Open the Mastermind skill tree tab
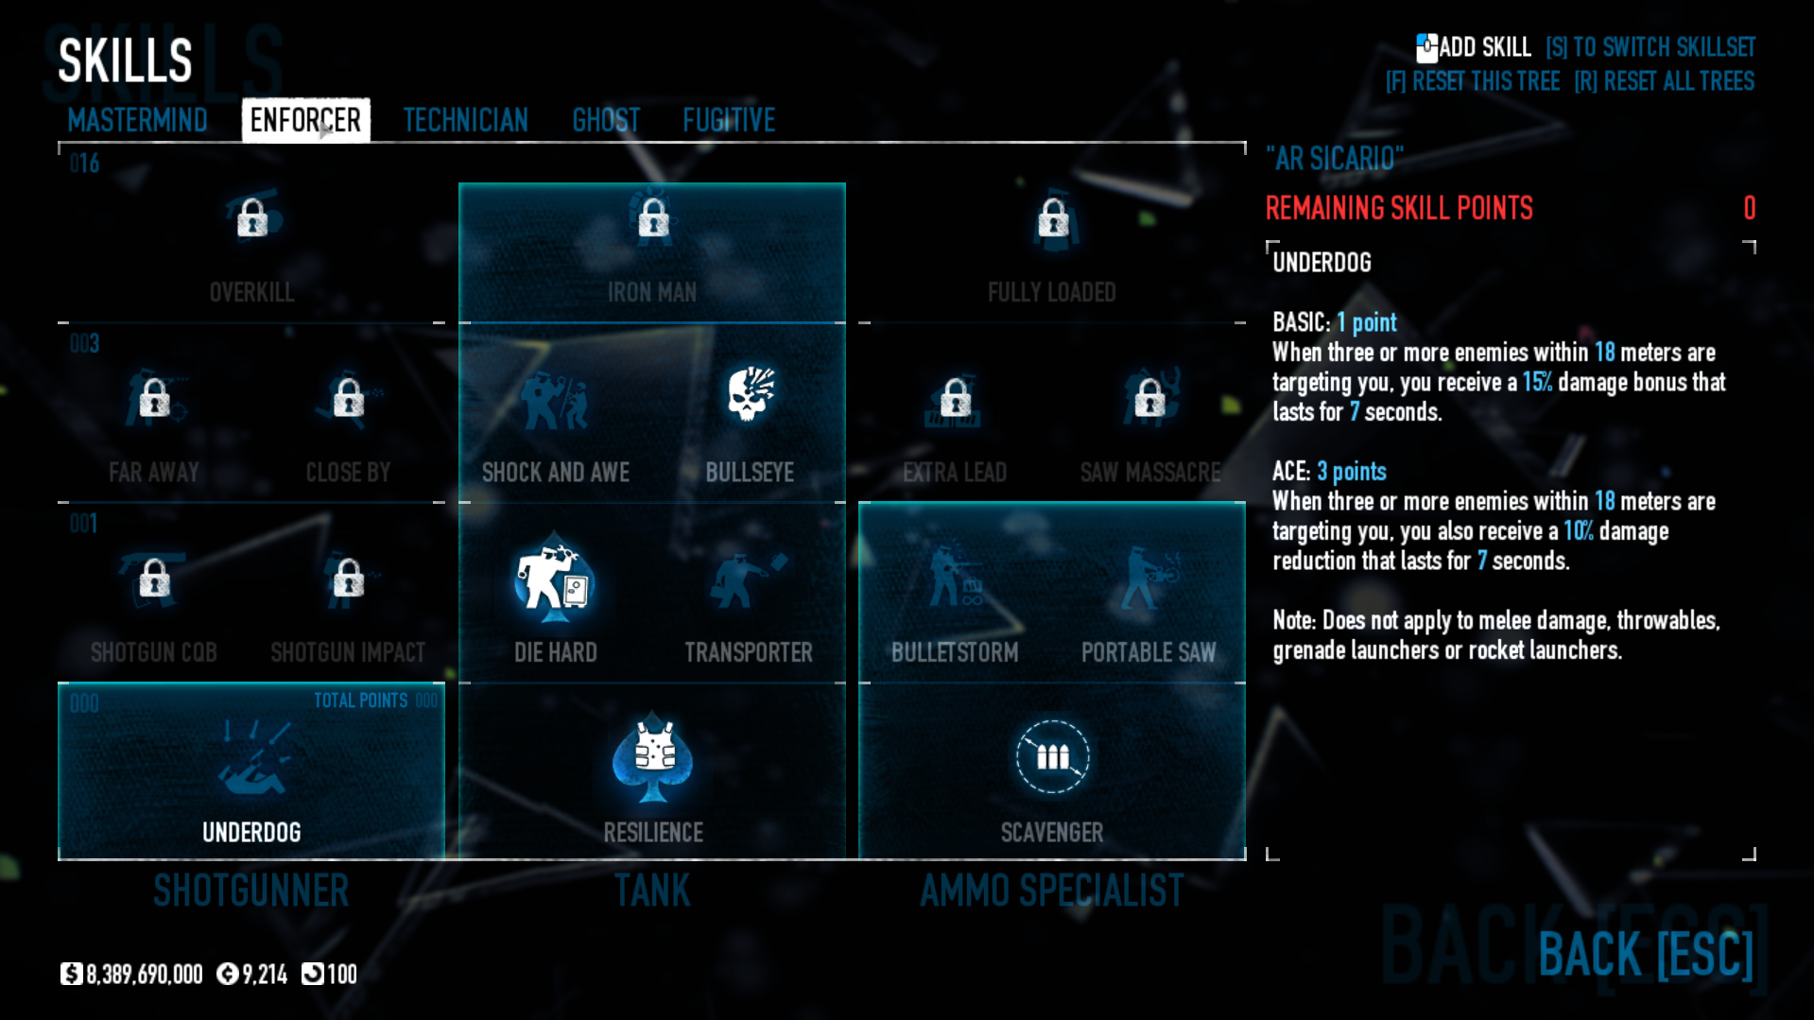[x=137, y=120]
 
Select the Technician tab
[x=465, y=120]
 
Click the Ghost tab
[x=606, y=120]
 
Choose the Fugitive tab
[x=729, y=120]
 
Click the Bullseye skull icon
[x=751, y=394]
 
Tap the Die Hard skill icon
[x=554, y=579]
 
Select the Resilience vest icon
[x=652, y=757]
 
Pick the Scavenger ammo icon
[x=1052, y=756]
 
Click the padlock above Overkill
[x=251, y=218]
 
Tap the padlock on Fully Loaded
[x=1052, y=218]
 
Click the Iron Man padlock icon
[x=652, y=218]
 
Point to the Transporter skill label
[x=749, y=652]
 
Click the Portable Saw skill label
[x=1148, y=652]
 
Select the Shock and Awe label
[x=556, y=473]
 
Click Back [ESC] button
[x=1645, y=954]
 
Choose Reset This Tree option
[x=1472, y=81]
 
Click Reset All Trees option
[x=1664, y=81]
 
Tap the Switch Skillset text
[x=1650, y=47]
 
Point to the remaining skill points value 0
[x=1749, y=208]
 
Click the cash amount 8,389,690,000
[x=144, y=975]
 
